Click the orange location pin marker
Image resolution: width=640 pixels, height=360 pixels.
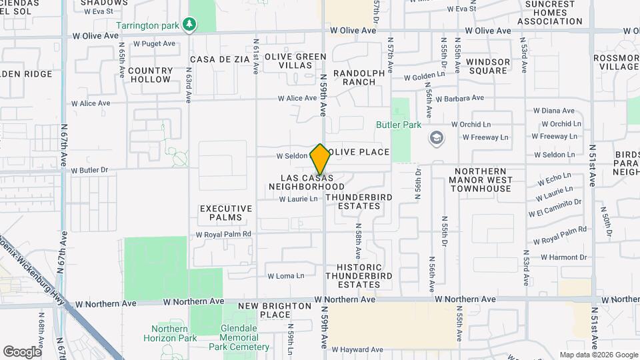point(320,159)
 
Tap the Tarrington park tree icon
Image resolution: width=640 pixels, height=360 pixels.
point(191,25)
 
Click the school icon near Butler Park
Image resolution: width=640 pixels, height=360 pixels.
point(437,138)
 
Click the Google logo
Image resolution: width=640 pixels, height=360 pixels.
point(21,352)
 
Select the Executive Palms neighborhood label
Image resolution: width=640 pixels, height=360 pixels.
point(227,213)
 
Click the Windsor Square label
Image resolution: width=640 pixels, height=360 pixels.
point(488,66)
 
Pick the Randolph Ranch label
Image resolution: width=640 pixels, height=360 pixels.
point(359,77)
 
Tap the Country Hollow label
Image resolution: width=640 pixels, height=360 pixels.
point(150,75)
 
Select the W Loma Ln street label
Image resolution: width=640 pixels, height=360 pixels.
point(285,275)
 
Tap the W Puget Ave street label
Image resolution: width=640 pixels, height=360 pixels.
point(154,43)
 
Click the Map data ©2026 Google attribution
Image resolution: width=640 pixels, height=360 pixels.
point(598,355)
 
